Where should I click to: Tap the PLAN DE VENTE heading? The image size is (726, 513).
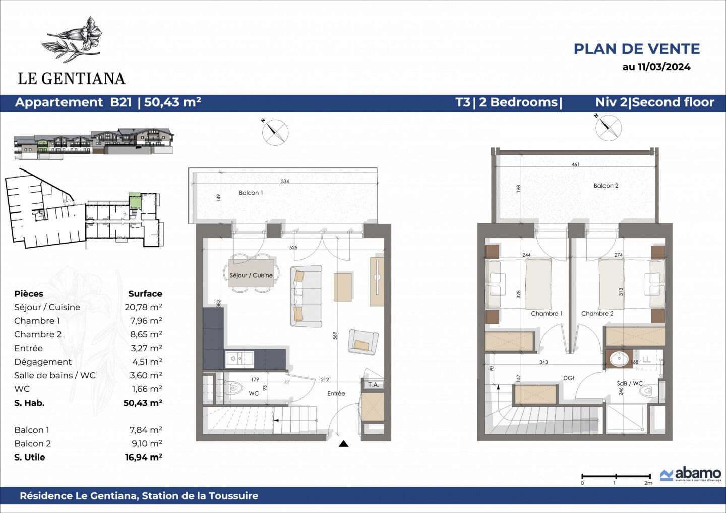click(x=636, y=49)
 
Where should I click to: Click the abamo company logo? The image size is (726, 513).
click(x=691, y=474)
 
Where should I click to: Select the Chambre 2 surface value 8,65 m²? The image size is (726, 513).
click(x=146, y=334)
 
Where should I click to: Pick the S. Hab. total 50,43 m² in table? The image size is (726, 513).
click(x=143, y=403)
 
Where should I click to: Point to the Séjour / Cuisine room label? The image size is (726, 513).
click(x=251, y=275)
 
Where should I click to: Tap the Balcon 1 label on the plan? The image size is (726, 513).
click(x=251, y=193)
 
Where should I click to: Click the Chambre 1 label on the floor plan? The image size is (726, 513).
click(x=547, y=313)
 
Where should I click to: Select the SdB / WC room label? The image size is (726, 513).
click(x=630, y=383)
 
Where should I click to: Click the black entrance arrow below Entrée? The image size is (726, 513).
click(x=343, y=444)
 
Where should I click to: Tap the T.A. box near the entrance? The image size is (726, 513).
click(x=373, y=385)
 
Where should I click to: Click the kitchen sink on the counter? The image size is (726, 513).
click(x=239, y=359)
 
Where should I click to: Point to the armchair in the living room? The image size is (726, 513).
click(x=362, y=342)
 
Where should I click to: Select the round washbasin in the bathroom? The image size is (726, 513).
click(x=619, y=359)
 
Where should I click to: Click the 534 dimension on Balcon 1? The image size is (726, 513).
click(x=285, y=181)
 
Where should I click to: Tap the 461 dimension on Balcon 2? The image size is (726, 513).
click(x=575, y=164)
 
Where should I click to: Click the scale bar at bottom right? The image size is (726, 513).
click(x=616, y=476)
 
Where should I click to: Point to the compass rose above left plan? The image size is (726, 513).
click(x=275, y=132)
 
